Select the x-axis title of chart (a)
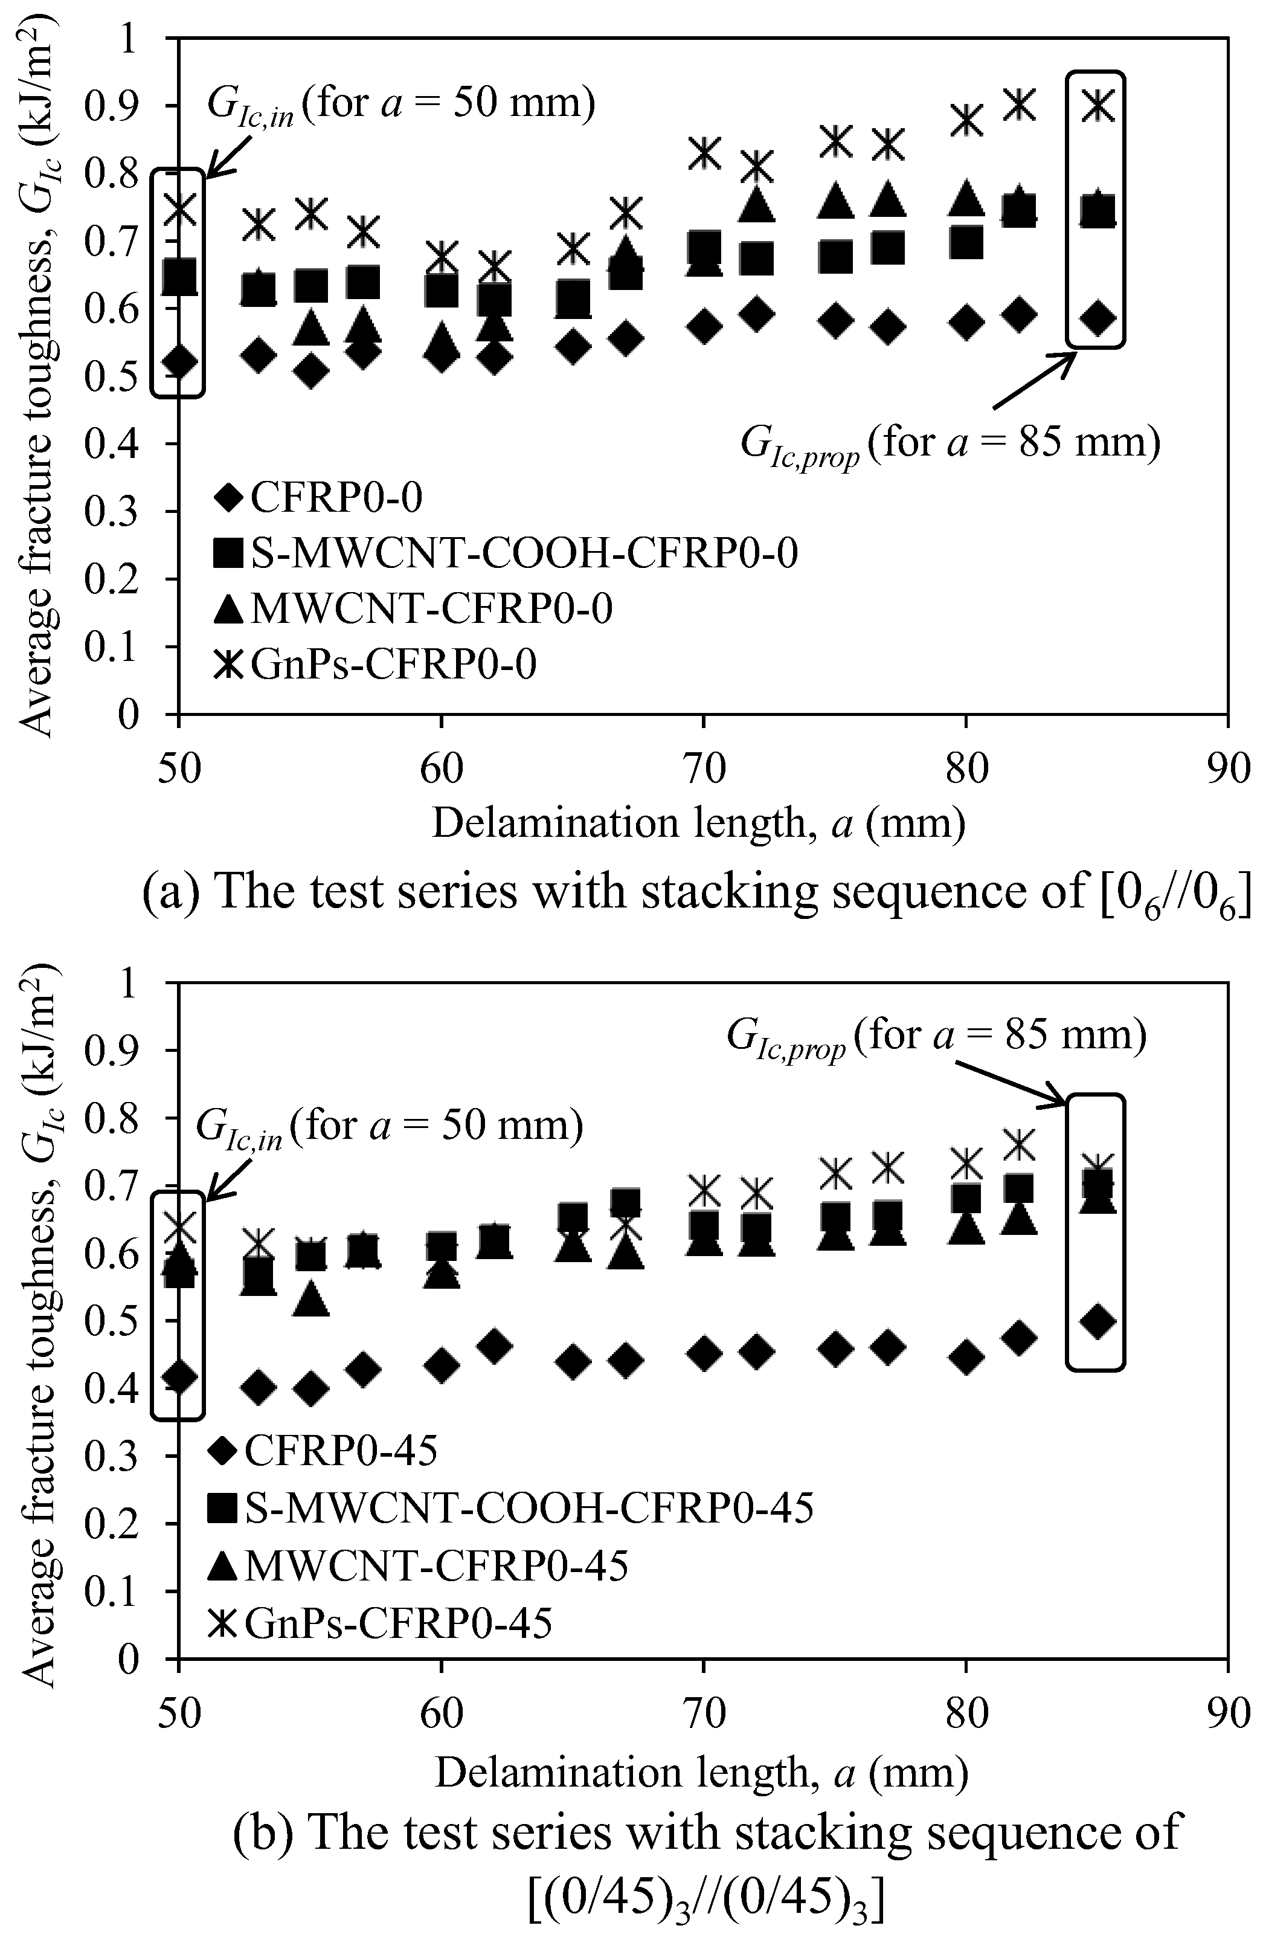coord(698,823)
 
